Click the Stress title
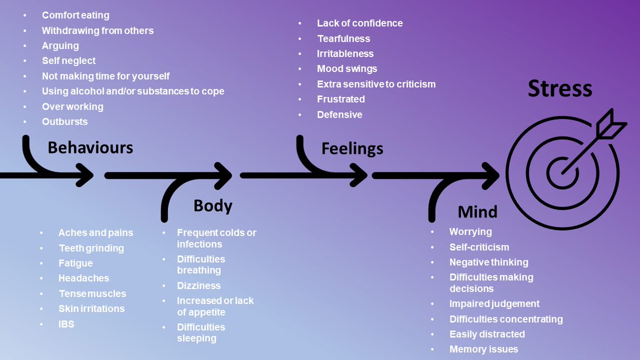point(559,89)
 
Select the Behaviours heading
point(90,147)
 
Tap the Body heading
point(213,205)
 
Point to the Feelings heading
point(352,148)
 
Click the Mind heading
point(477,212)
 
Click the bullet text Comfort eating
point(75,15)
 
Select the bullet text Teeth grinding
point(91,248)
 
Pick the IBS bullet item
point(66,324)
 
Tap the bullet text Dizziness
point(198,285)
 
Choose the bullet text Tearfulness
point(343,38)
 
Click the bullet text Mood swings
point(347,69)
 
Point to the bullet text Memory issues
point(483,349)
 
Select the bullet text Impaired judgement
point(494,303)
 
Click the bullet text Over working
point(73,107)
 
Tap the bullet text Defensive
point(339,115)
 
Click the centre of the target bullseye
point(562,173)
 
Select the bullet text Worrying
point(470,232)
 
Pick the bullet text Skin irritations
point(91,309)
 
